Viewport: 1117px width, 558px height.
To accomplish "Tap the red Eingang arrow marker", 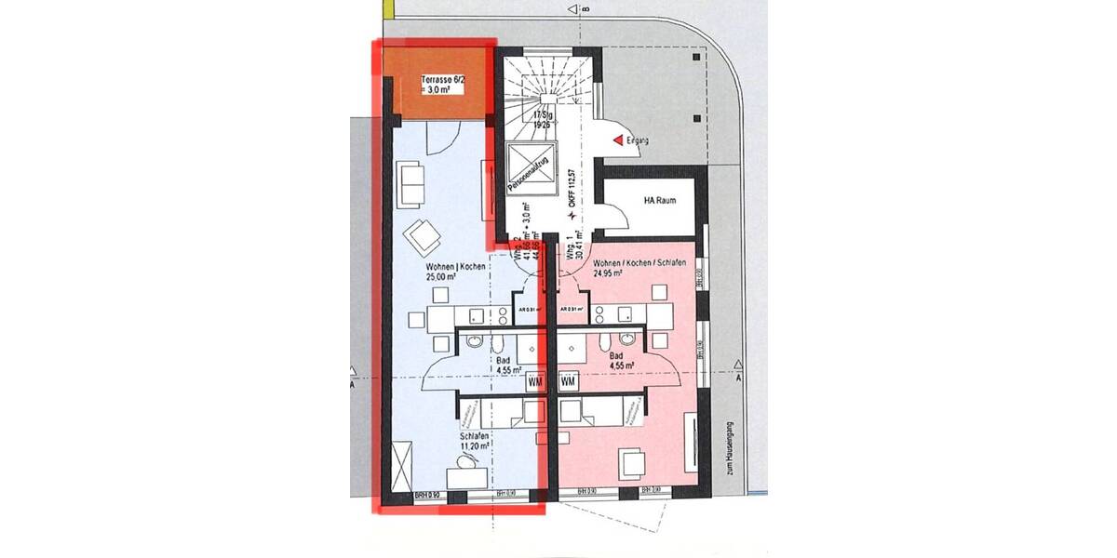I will (x=617, y=140).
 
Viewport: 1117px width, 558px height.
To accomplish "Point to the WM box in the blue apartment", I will (x=535, y=381).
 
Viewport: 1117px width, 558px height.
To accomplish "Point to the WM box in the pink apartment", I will (x=569, y=381).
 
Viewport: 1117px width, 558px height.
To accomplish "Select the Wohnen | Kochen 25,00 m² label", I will (x=441, y=272).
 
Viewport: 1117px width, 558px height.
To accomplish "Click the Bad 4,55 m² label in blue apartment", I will (x=504, y=364).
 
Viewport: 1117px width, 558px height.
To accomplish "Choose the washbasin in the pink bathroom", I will (x=629, y=340).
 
